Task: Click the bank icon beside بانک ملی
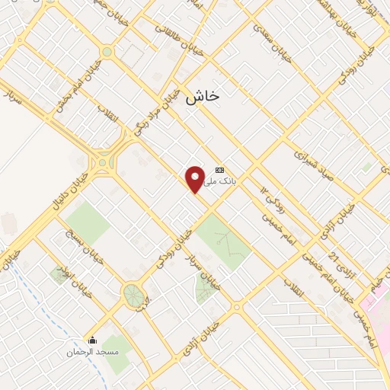tap(220, 170)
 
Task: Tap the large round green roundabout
tap(134, 294)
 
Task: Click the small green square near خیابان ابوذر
tap(59, 274)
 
